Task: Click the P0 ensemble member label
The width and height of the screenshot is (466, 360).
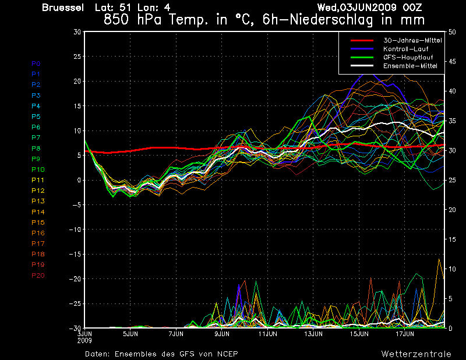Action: click(x=36, y=63)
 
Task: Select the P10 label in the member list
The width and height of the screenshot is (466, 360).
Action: click(x=38, y=170)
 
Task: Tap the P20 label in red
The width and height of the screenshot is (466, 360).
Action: click(x=38, y=276)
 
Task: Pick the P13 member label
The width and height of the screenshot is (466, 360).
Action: click(x=38, y=201)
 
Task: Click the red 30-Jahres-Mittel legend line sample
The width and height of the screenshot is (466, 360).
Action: click(x=362, y=40)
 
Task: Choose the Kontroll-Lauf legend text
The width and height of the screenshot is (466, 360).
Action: click(x=405, y=49)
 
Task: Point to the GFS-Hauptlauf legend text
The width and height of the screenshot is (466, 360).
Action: click(x=408, y=57)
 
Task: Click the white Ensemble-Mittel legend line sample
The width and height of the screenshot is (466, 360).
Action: click(x=362, y=66)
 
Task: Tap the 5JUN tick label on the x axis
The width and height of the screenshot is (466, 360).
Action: click(x=130, y=334)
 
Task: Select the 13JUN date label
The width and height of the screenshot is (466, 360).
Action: click(x=313, y=334)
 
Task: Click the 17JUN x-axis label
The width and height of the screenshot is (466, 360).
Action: click(x=405, y=334)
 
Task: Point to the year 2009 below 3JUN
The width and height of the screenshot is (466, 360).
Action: click(x=84, y=340)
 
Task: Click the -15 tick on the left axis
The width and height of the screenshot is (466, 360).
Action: click(x=75, y=254)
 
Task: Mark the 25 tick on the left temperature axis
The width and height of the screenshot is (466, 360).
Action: click(x=77, y=56)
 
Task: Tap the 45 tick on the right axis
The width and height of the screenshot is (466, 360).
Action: click(x=452, y=62)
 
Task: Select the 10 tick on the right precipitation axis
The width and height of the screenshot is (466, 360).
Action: click(x=452, y=269)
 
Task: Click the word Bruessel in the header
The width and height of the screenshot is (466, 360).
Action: click(x=63, y=8)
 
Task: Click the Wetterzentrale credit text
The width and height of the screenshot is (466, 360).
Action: click(x=416, y=354)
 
